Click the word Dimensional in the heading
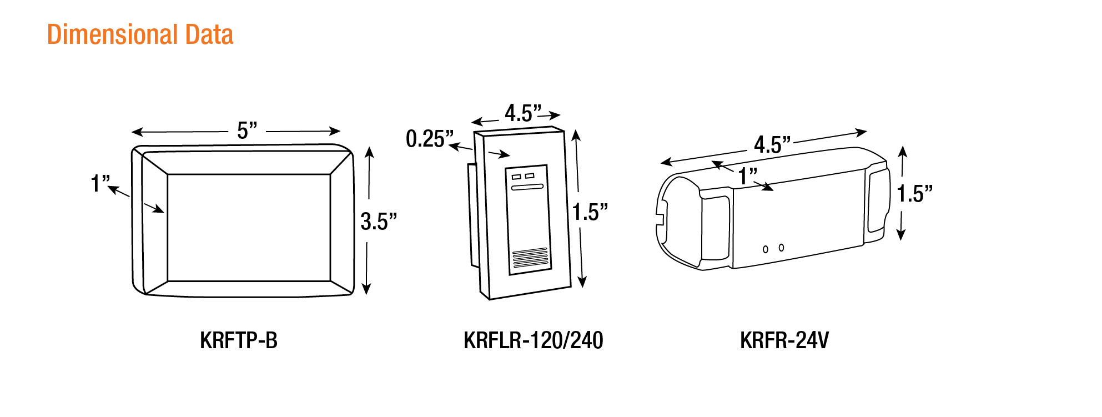click(x=113, y=34)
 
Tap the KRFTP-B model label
click(x=239, y=340)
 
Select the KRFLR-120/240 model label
click(x=534, y=340)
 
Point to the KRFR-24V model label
click(x=784, y=340)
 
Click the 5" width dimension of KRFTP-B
click(x=247, y=130)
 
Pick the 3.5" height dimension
click(x=379, y=222)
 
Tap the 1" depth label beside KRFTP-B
click(x=100, y=183)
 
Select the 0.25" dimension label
click(x=430, y=139)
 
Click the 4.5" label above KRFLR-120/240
click(x=522, y=113)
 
